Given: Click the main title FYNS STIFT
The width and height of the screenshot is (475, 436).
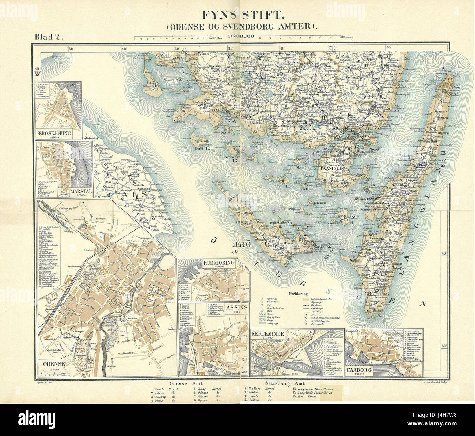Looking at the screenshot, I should (242, 15).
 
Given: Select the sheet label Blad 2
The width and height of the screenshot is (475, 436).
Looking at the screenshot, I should (49, 36).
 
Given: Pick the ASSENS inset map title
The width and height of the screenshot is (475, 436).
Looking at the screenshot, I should (236, 308).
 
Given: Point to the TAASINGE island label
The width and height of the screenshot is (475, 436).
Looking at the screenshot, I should (331, 169).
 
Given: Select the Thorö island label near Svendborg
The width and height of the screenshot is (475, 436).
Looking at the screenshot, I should (373, 149).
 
